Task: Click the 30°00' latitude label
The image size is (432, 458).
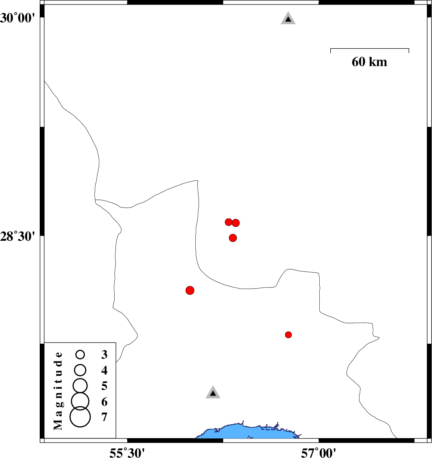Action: pyautogui.click(x=17, y=18)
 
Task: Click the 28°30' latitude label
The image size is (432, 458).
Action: pyautogui.click(x=17, y=236)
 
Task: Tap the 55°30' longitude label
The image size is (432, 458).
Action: pyautogui.click(x=127, y=452)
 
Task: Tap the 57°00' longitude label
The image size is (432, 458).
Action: pyautogui.click(x=319, y=452)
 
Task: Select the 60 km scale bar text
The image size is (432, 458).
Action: pyautogui.click(x=370, y=62)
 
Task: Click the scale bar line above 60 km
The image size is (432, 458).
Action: pyautogui.click(x=370, y=49)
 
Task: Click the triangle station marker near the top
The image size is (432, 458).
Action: pyautogui.click(x=288, y=18)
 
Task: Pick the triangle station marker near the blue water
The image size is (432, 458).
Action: pyautogui.click(x=213, y=392)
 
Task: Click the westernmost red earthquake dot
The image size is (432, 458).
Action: pyautogui.click(x=190, y=290)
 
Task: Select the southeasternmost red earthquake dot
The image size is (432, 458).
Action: pyautogui.click(x=288, y=335)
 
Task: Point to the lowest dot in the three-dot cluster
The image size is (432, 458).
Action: pyautogui.click(x=233, y=238)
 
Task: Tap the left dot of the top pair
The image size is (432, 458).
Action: pyautogui.click(x=229, y=222)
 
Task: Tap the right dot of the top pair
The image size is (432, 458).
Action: pyautogui.click(x=236, y=223)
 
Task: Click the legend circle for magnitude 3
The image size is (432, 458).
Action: pyautogui.click(x=80, y=355)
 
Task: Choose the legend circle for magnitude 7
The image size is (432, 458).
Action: pyautogui.click(x=80, y=417)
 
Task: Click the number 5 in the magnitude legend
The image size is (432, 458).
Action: pyautogui.click(x=104, y=386)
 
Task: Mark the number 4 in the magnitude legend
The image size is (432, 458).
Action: pyautogui.click(x=104, y=370)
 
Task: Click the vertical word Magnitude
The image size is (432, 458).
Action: pyautogui.click(x=58, y=391)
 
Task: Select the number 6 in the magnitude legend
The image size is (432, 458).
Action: pyautogui.click(x=104, y=402)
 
